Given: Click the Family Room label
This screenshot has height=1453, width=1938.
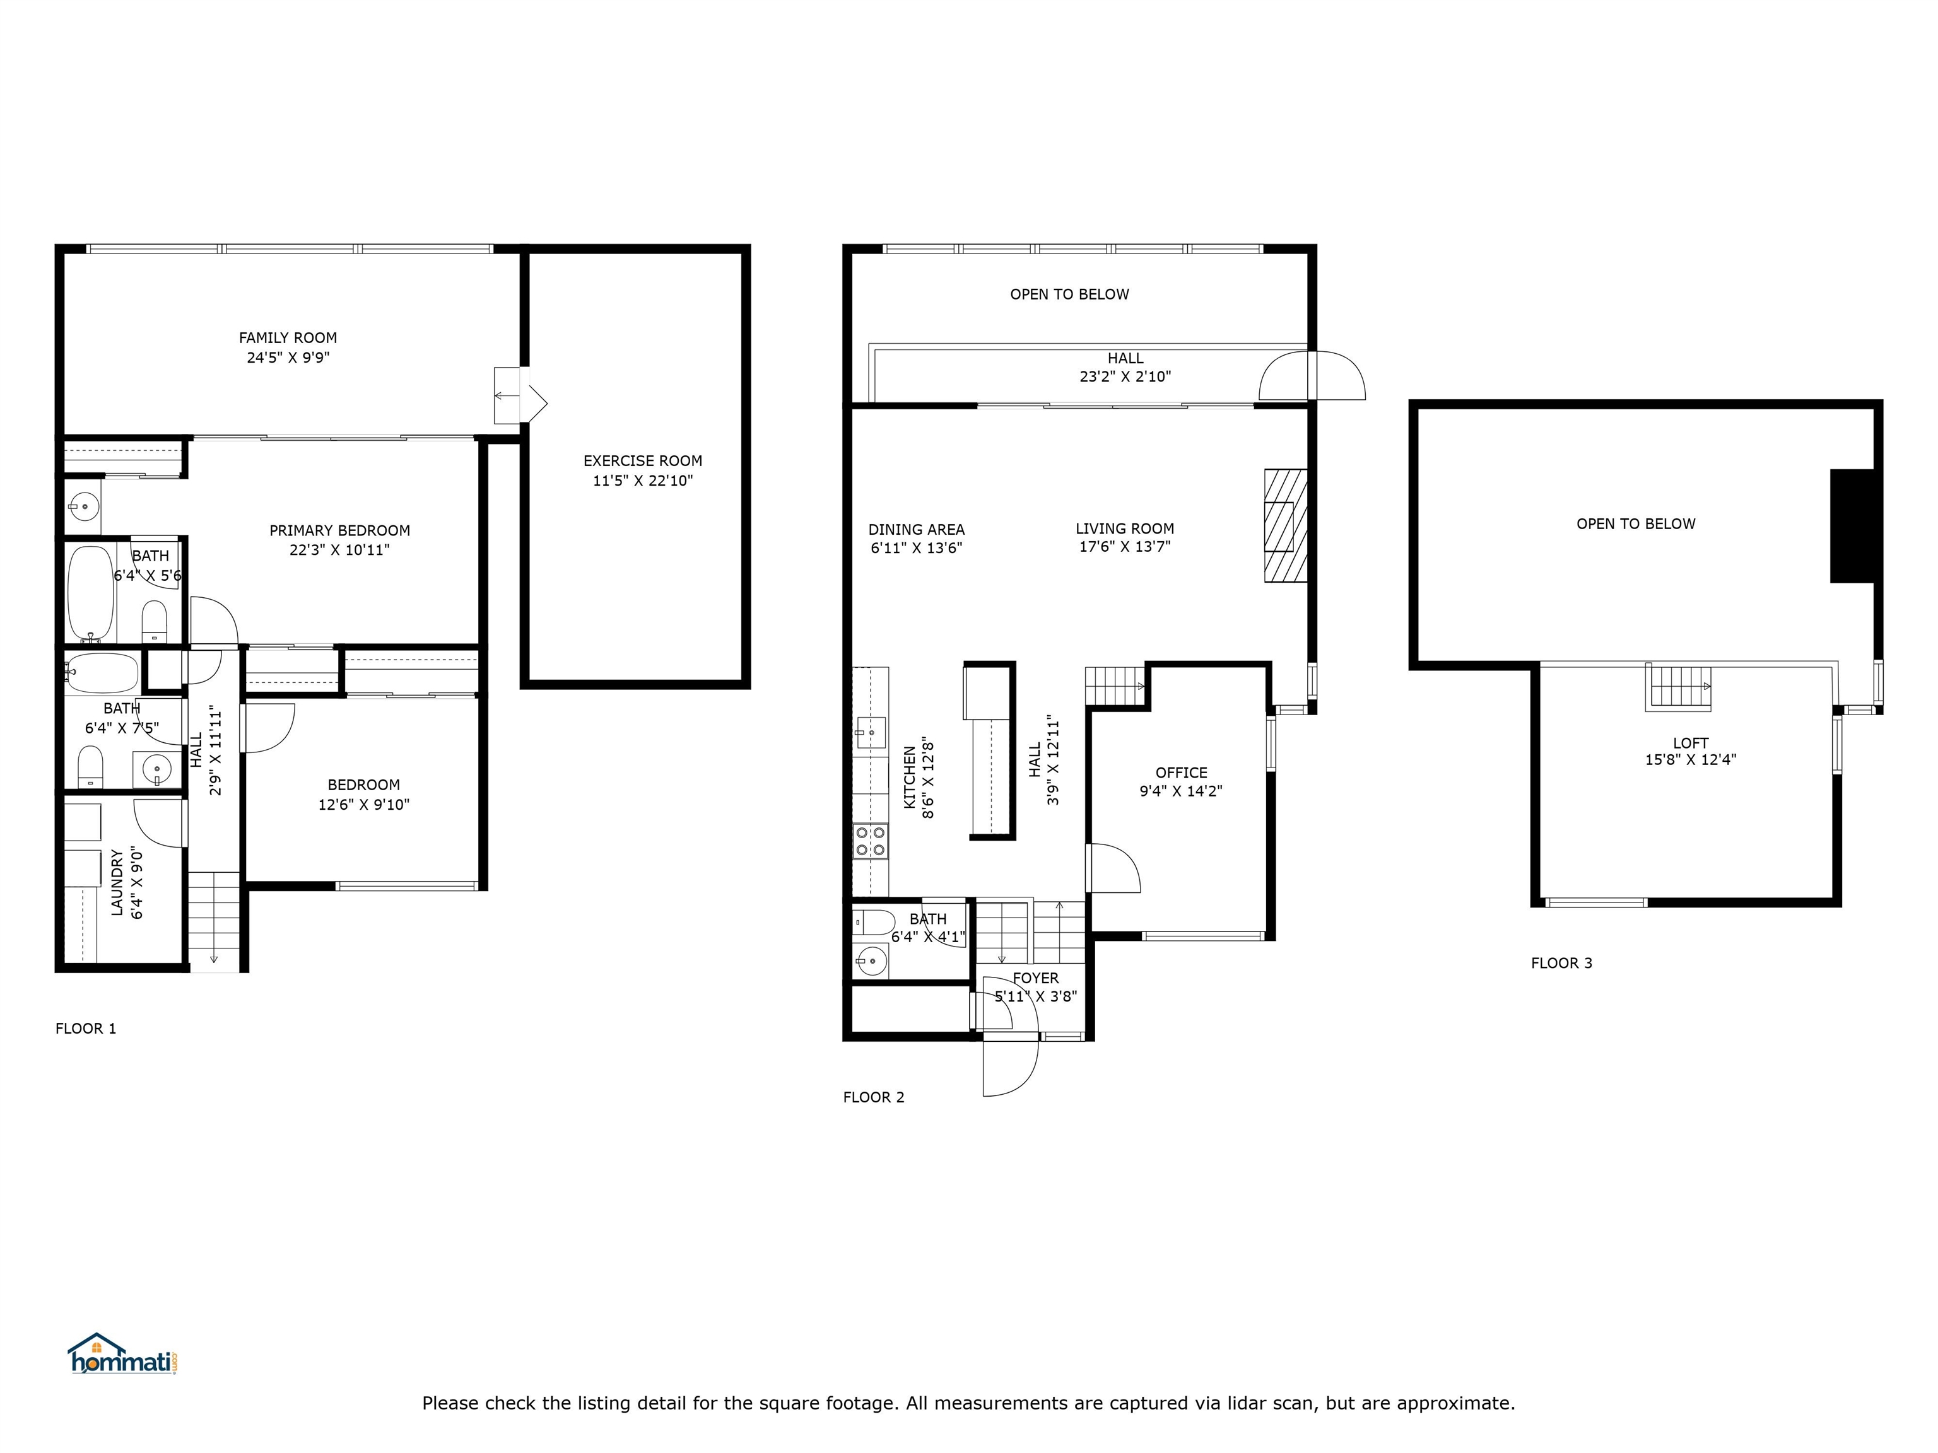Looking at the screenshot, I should [x=288, y=338].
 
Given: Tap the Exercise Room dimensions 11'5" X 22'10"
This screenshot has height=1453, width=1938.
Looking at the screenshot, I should [x=642, y=481].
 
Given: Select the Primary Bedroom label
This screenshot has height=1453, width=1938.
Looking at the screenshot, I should [x=339, y=531].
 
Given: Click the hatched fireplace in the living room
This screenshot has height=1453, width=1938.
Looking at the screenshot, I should [x=1285, y=525].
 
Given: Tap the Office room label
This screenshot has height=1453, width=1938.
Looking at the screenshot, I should [x=1180, y=773].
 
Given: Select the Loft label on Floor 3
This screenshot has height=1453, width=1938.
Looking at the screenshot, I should [x=1690, y=743].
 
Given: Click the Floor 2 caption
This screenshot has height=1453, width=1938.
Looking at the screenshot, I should [x=872, y=1097].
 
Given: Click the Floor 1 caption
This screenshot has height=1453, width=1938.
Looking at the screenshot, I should [x=86, y=1028].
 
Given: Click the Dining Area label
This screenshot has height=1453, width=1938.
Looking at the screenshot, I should [x=915, y=530].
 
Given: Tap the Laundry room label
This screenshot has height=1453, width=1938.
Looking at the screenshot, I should [x=117, y=882].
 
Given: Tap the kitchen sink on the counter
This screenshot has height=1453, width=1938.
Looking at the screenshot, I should [x=870, y=732].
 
